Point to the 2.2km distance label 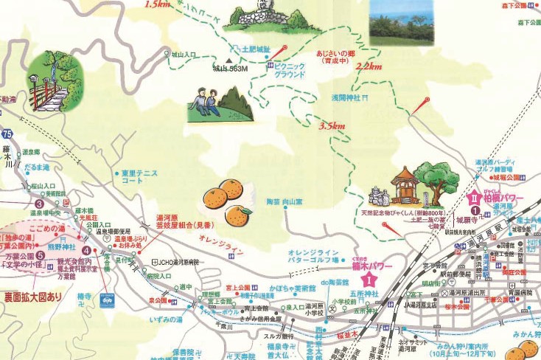(369, 66)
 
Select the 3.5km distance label (332, 126)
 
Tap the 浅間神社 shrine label (343, 97)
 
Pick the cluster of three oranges (228, 202)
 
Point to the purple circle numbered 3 (39, 204)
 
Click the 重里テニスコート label (141, 176)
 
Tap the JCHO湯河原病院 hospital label (177, 262)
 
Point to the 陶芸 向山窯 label (285, 201)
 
